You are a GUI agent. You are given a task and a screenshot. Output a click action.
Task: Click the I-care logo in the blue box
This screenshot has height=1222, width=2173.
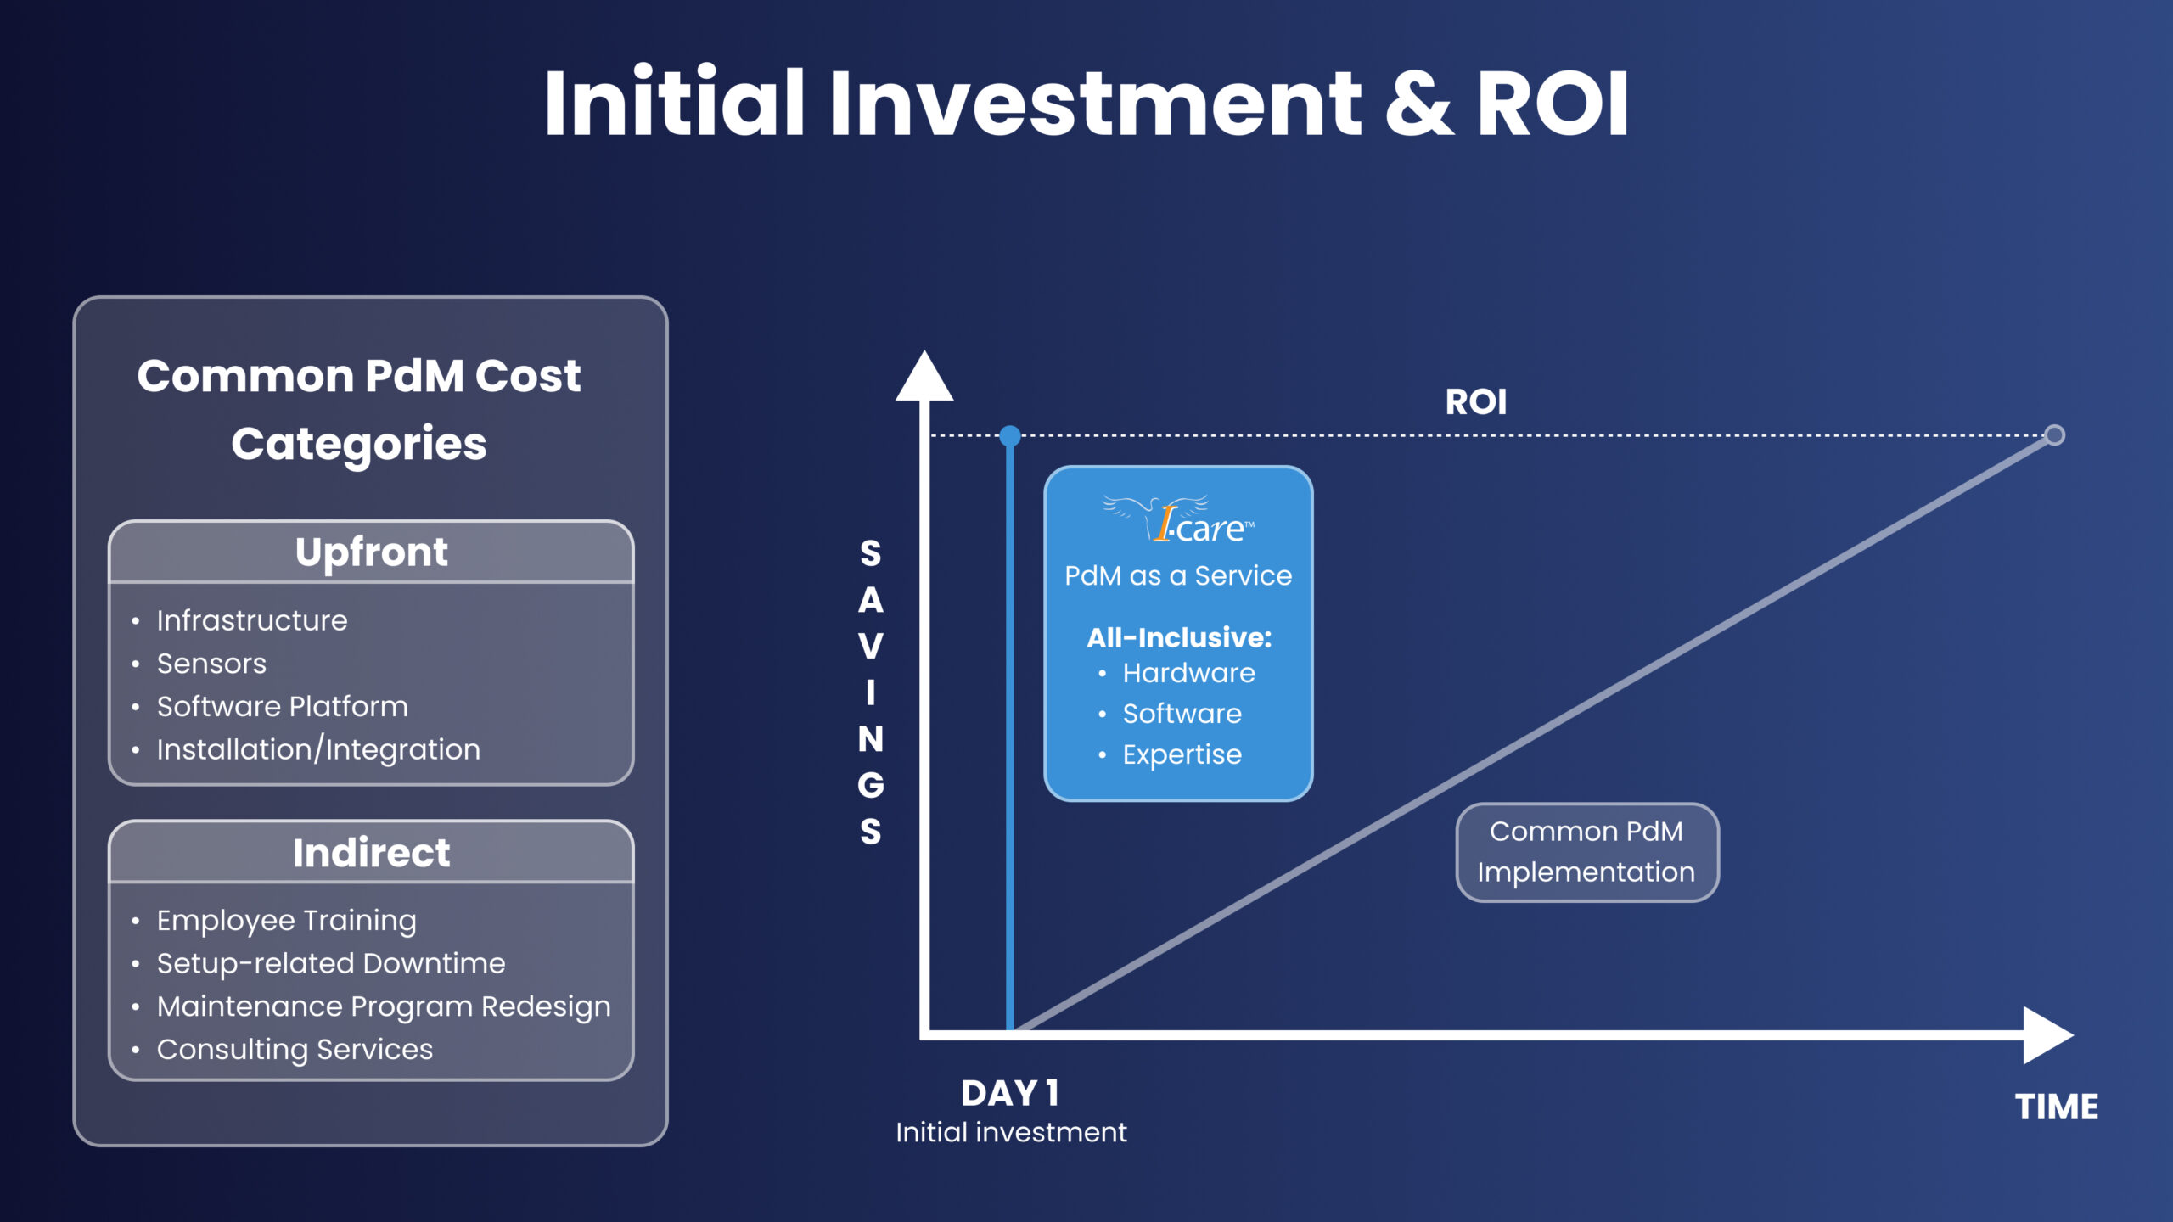1178,519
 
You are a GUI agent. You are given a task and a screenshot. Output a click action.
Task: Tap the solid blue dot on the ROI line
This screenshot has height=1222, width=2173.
1010,436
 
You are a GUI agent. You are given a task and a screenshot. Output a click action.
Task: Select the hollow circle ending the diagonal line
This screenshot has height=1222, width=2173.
2054,435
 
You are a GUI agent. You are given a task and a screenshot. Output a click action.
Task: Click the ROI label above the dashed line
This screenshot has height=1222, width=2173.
1476,402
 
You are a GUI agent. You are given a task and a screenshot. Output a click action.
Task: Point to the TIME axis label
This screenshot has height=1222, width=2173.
2057,1107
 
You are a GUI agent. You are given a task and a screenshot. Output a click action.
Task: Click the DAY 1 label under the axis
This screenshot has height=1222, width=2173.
1010,1093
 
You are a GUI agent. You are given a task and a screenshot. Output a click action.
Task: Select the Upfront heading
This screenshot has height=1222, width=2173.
371,552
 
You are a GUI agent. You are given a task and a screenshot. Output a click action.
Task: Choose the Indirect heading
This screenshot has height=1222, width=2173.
371,853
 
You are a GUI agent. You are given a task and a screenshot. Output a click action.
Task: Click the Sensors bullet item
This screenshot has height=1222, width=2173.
211,664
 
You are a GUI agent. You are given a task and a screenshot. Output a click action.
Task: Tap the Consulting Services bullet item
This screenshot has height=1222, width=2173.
295,1050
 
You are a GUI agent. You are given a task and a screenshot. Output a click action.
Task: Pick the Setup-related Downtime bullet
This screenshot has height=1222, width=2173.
331,963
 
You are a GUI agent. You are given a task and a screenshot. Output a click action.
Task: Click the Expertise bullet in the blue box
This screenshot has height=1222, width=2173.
1182,754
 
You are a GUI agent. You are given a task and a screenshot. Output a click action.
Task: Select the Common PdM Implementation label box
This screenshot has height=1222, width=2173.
1586,852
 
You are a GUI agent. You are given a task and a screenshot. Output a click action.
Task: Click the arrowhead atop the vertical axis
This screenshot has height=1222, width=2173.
924,378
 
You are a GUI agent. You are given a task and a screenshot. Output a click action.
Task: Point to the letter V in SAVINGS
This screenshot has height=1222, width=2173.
871,647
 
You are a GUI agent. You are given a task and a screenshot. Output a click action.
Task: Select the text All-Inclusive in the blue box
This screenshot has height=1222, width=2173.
1179,637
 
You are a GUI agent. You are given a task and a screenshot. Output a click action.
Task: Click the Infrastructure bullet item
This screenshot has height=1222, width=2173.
252,620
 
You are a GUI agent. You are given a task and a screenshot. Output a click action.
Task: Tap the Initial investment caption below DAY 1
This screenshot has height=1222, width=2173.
1011,1132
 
